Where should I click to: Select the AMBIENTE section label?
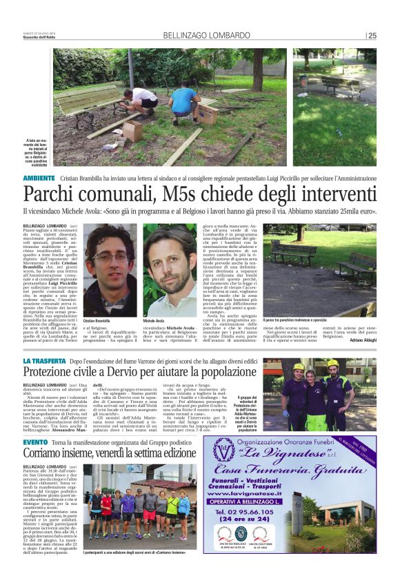[x=39, y=178]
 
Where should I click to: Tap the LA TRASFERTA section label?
[x=43, y=361]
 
